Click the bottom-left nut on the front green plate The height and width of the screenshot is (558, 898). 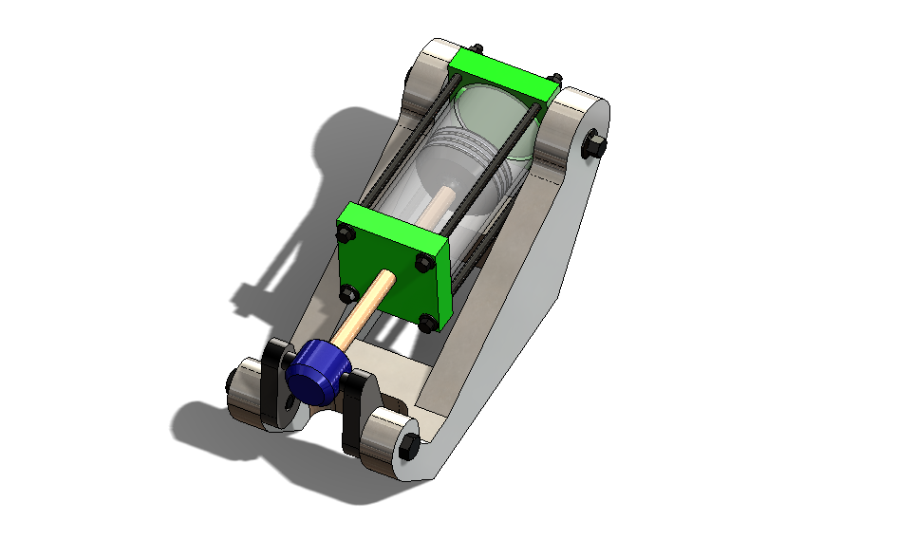tap(348, 291)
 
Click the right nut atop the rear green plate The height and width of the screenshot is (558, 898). tap(556, 79)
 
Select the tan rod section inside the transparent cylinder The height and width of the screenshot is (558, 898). tap(440, 203)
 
